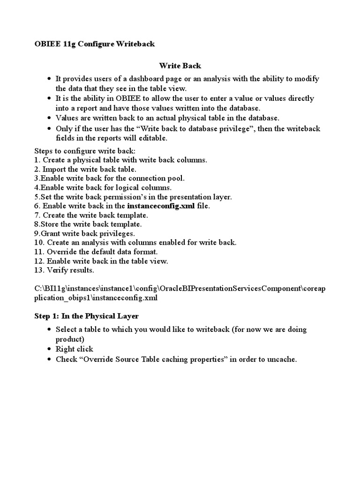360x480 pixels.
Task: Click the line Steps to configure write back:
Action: [x=85, y=151]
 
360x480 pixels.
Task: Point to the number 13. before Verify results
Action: [x=39, y=270]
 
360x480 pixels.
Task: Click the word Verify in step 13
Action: [x=57, y=270]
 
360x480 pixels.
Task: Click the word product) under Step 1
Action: [x=70, y=339]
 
